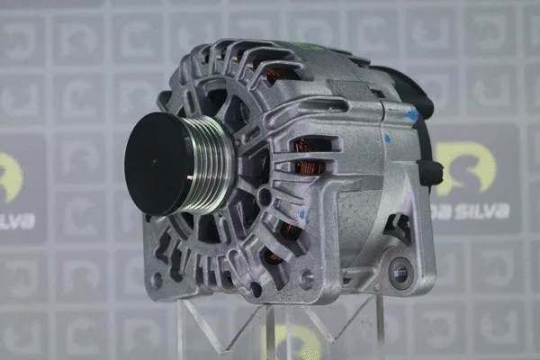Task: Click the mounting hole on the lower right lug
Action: click(x=399, y=273)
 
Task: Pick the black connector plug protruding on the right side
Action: click(x=429, y=171)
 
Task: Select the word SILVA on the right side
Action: click(x=481, y=211)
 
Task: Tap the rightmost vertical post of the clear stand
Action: click(x=379, y=329)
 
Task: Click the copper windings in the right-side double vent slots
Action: click(x=310, y=156)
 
